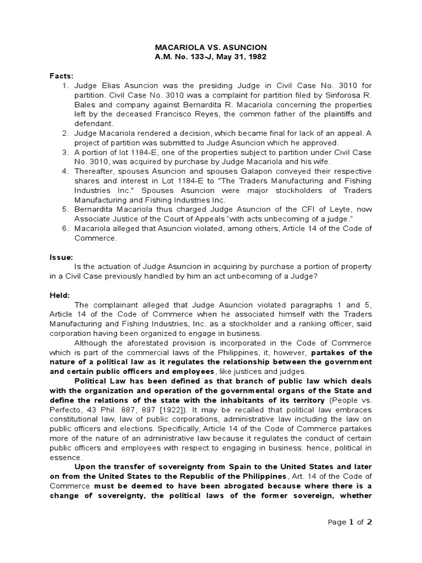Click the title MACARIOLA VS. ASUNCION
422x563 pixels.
(210, 48)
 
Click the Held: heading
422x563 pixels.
(60, 295)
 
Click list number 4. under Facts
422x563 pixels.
(65, 171)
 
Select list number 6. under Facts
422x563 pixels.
(65, 228)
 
